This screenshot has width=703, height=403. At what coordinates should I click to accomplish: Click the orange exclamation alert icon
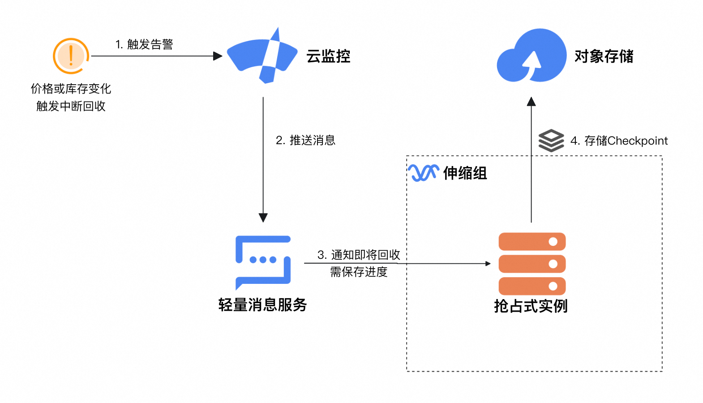71,56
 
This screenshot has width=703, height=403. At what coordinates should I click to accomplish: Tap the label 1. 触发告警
144,44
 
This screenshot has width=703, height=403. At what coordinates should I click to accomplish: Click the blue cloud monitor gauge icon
262,56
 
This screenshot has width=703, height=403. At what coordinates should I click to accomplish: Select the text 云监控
328,56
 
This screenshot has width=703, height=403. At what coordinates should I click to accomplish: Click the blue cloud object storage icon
532,56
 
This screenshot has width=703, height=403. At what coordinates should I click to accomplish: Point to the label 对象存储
604,56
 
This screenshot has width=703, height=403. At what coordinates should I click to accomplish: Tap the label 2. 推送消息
305,141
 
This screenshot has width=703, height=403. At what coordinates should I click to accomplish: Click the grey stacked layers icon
551,141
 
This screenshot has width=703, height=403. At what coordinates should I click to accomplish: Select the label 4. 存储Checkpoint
619,141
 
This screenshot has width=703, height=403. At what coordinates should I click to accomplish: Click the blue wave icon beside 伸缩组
423,173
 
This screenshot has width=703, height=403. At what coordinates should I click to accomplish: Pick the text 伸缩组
465,173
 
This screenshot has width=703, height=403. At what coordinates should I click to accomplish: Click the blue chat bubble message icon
263,262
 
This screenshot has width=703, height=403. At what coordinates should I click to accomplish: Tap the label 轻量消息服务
262,305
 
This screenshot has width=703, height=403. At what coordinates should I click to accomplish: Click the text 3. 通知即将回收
359,255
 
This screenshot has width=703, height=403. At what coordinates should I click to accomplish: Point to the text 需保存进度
359,272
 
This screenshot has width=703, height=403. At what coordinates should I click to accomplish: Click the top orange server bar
532,242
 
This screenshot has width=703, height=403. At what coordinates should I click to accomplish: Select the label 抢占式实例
531,306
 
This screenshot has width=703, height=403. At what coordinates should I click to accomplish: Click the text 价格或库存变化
71,89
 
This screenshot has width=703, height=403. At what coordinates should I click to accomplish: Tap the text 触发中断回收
71,106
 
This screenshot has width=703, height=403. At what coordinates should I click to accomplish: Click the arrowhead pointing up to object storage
532,102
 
